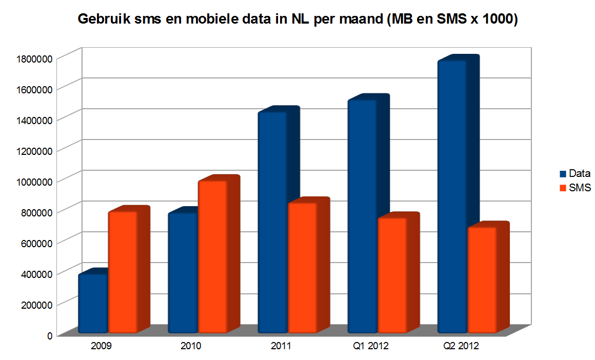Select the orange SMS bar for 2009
tap(123, 272)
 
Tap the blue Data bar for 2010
tap(183, 272)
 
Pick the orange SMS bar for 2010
tap(212, 256)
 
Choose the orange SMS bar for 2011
tap(302, 267)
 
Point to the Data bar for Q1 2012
tap(362, 215)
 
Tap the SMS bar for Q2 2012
tap(482, 279)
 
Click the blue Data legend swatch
tap(563, 174)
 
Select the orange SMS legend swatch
tap(563, 188)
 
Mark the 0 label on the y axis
tap(50, 335)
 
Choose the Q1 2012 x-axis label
tap(371, 346)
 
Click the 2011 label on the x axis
tap(281, 346)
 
